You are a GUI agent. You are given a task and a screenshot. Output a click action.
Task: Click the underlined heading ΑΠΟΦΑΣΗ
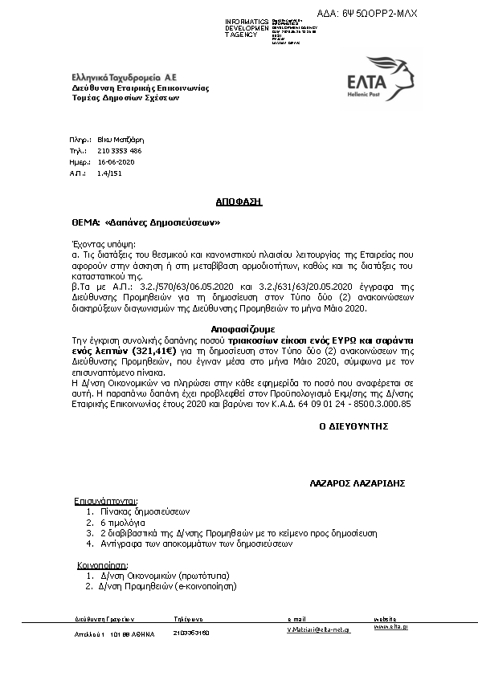coord(239,202)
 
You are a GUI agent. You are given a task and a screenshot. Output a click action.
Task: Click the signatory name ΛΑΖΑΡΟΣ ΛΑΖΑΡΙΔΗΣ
coord(357,483)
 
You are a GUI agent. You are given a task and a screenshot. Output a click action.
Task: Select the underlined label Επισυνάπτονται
coord(106,500)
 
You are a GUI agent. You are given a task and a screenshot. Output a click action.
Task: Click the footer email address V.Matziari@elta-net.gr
coord(319,631)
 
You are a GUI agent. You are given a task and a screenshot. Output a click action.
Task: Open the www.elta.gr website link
coord(390,626)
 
